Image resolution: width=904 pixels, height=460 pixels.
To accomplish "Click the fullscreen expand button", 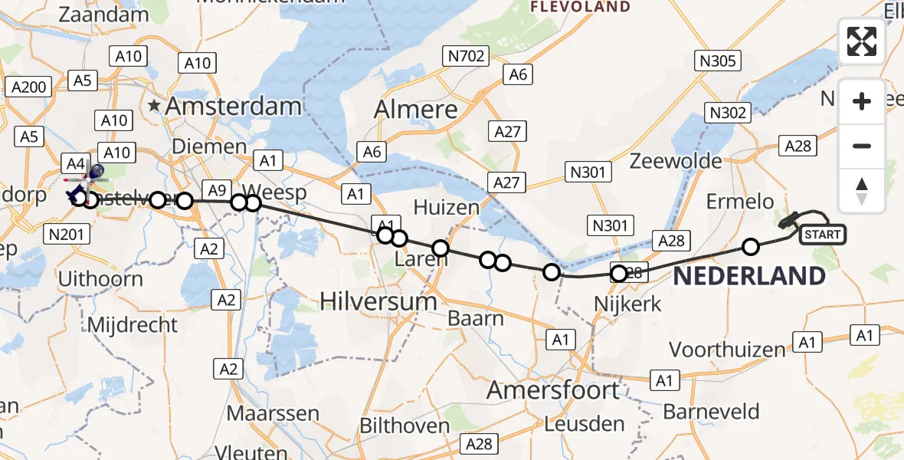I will click(x=862, y=41).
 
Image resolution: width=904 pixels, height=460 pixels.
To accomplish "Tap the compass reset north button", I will click(x=862, y=191).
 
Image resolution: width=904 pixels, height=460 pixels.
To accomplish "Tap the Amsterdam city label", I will click(x=233, y=107).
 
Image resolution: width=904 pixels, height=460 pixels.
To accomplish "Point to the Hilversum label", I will click(x=378, y=301).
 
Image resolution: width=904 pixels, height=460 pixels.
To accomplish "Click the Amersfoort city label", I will click(x=553, y=390).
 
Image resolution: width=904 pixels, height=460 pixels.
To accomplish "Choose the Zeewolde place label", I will click(x=675, y=161).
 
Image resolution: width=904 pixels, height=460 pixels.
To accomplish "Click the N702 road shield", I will click(x=465, y=55).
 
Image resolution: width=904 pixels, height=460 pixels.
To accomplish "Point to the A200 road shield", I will click(x=30, y=87).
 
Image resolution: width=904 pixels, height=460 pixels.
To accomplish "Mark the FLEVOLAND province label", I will click(x=581, y=7).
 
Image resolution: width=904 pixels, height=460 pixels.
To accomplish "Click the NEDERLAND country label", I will click(x=749, y=276).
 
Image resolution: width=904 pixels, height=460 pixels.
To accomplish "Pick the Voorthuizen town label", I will click(x=728, y=350).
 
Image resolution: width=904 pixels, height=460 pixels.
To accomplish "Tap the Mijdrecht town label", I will click(x=132, y=325).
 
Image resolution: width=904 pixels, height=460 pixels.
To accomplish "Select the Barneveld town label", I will click(x=711, y=412).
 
